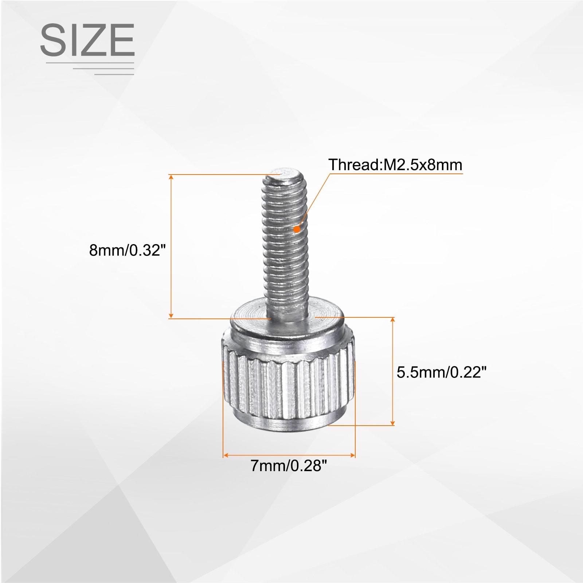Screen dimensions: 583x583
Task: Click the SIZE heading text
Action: [87, 40]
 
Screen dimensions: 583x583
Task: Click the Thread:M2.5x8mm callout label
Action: [395, 165]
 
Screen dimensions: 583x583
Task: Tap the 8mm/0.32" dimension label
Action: [128, 250]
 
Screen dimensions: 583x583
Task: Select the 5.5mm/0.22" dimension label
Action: [442, 372]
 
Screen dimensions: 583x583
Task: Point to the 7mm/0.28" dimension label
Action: [289, 466]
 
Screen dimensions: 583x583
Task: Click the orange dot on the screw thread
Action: [297, 229]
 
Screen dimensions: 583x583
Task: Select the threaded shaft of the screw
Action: [286, 244]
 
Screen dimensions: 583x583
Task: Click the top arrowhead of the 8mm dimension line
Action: [171, 177]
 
